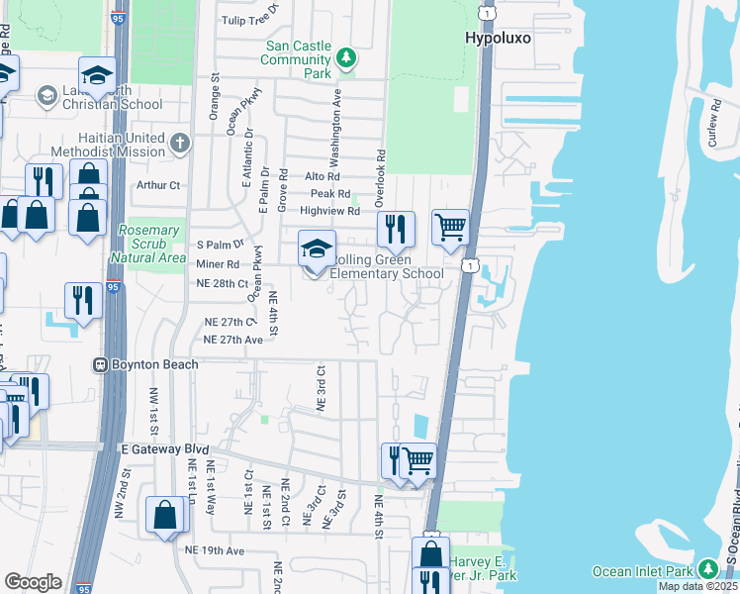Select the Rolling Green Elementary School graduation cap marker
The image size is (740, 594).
click(317, 249)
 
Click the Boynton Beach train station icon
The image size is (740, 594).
click(99, 364)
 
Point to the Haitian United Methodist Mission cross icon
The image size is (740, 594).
click(179, 145)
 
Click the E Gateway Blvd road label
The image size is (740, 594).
click(153, 449)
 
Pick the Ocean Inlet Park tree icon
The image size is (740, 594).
click(707, 570)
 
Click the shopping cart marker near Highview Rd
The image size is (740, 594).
click(450, 229)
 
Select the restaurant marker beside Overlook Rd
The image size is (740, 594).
click(395, 231)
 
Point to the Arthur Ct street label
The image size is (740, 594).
click(160, 185)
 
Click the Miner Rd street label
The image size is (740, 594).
click(219, 264)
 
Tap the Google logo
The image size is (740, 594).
click(33, 581)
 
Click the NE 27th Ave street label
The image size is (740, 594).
click(232, 340)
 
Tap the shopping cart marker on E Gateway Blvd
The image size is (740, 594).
click(417, 460)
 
